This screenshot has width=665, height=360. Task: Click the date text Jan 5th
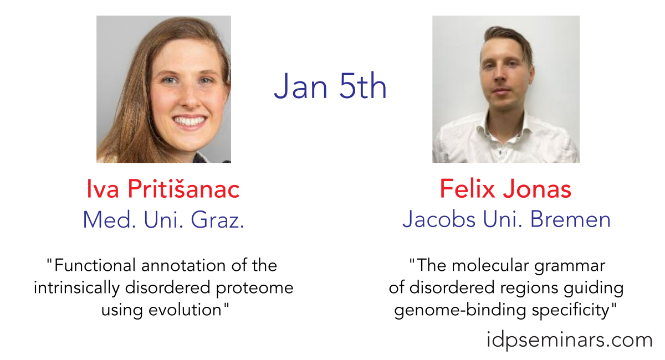pyautogui.click(x=330, y=86)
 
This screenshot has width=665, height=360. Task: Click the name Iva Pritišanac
pyautogui.click(x=163, y=189)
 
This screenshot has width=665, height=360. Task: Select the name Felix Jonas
pyautogui.click(x=505, y=189)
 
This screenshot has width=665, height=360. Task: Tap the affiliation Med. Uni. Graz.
pyautogui.click(x=163, y=220)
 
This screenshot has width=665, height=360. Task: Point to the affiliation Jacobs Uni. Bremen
pyautogui.click(x=506, y=219)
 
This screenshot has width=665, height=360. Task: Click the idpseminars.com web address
pyautogui.click(x=569, y=340)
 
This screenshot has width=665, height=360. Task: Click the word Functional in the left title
pyautogui.click(x=95, y=265)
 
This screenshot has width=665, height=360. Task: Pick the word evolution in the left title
pyautogui.click(x=185, y=310)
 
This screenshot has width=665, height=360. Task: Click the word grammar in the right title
pyautogui.click(x=570, y=266)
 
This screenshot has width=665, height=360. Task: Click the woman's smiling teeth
pyautogui.click(x=190, y=121)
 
